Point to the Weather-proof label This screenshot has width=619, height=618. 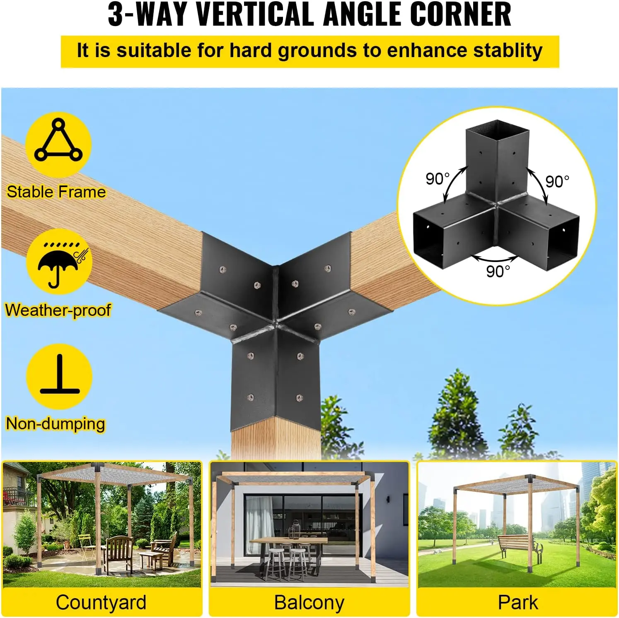point(58,310)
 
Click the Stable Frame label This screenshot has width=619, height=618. point(56,192)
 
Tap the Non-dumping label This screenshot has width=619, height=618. point(56,424)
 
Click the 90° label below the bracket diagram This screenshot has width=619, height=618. point(498,272)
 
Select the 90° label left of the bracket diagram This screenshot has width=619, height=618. point(438,179)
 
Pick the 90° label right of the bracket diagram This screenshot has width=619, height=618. point(557,181)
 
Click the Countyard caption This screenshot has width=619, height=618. point(101,602)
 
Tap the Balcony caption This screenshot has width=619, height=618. point(309,602)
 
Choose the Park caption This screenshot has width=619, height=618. point(518,602)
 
